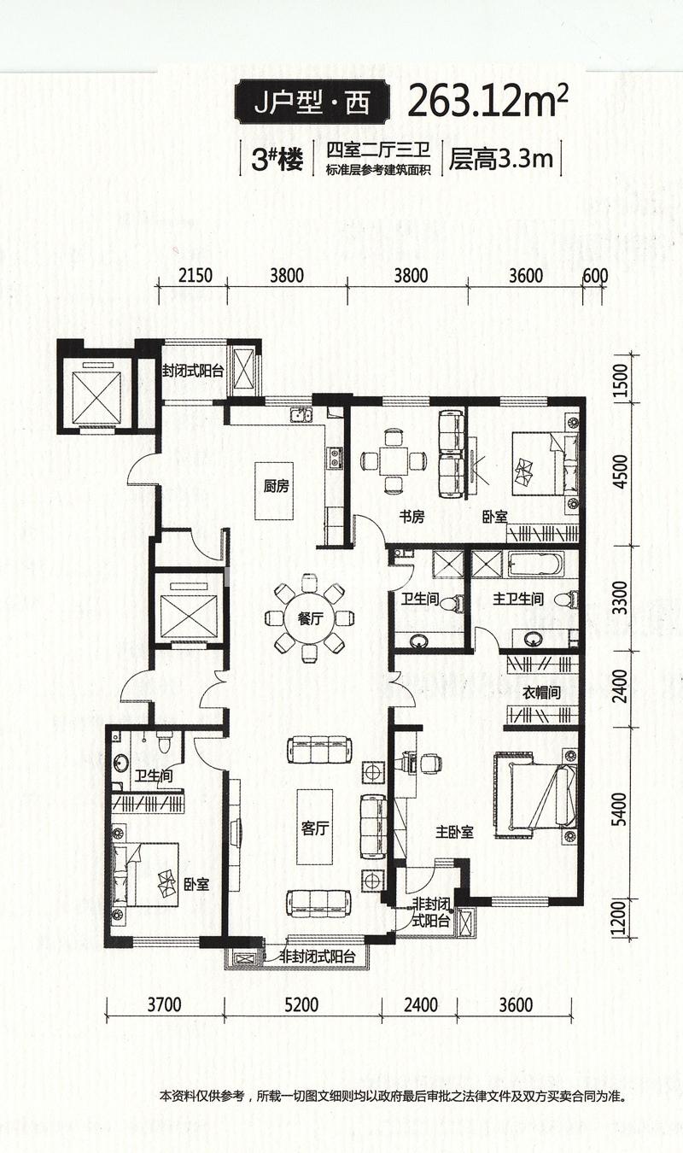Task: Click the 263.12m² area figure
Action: coord(487,103)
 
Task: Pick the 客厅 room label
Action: coord(315,828)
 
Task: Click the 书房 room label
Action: coord(412,517)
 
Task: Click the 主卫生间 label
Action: coord(518,600)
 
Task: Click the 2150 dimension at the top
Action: coord(196,275)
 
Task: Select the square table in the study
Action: coord(394,461)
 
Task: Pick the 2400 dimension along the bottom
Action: coord(419,1004)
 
